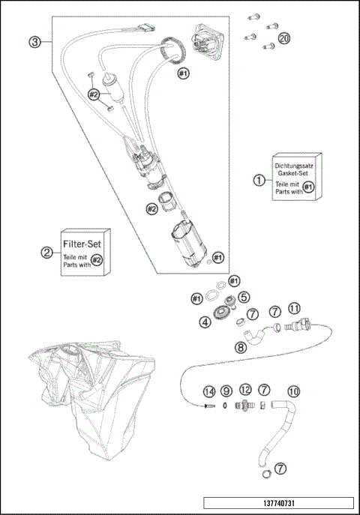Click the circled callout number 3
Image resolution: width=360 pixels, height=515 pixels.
[34, 42]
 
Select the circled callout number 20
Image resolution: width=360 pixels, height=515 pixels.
[284, 37]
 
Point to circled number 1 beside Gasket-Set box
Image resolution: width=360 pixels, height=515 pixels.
[259, 180]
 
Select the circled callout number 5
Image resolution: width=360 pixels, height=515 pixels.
[244, 298]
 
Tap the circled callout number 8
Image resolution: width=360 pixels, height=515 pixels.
[240, 347]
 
